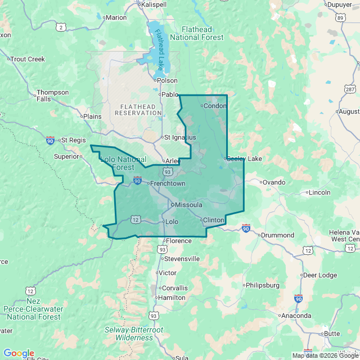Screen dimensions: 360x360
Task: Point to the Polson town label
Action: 167,80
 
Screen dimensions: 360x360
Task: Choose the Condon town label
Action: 214,105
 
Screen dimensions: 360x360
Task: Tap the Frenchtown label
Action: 167,183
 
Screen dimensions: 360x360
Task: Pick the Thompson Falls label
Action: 52,96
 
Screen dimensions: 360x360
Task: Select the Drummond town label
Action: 277,235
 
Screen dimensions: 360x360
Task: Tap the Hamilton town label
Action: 172,298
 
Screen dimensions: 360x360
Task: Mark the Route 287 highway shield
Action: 350,89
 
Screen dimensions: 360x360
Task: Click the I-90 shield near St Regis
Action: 51,140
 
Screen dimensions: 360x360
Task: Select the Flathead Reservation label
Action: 138,109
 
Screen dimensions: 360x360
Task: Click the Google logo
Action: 19,353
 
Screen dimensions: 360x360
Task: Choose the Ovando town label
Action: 274,182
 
